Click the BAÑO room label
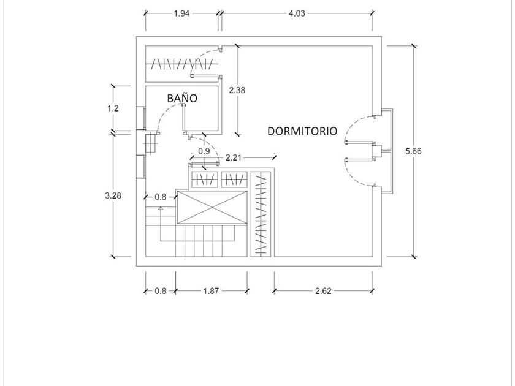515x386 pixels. click(x=182, y=98)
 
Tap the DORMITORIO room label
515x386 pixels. click(x=302, y=131)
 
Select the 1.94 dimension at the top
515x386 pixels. click(x=181, y=13)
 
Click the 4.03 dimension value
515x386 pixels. click(x=297, y=13)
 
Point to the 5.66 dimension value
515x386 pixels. click(x=413, y=151)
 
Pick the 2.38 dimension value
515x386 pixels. click(x=237, y=90)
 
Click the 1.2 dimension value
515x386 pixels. click(x=113, y=108)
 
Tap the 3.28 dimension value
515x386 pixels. click(x=113, y=195)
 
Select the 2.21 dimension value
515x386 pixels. click(x=234, y=158)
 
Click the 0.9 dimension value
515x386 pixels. click(x=204, y=151)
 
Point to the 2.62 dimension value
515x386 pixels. click(x=323, y=291)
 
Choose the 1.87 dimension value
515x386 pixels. click(x=211, y=291)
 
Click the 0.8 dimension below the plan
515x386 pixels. click(x=160, y=291)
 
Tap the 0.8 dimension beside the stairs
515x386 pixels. click(x=160, y=197)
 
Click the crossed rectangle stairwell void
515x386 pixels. click(x=212, y=208)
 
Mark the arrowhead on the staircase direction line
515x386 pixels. click(x=161, y=208)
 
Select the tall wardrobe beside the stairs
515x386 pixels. click(x=261, y=214)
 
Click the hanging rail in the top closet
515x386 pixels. click(x=181, y=64)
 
